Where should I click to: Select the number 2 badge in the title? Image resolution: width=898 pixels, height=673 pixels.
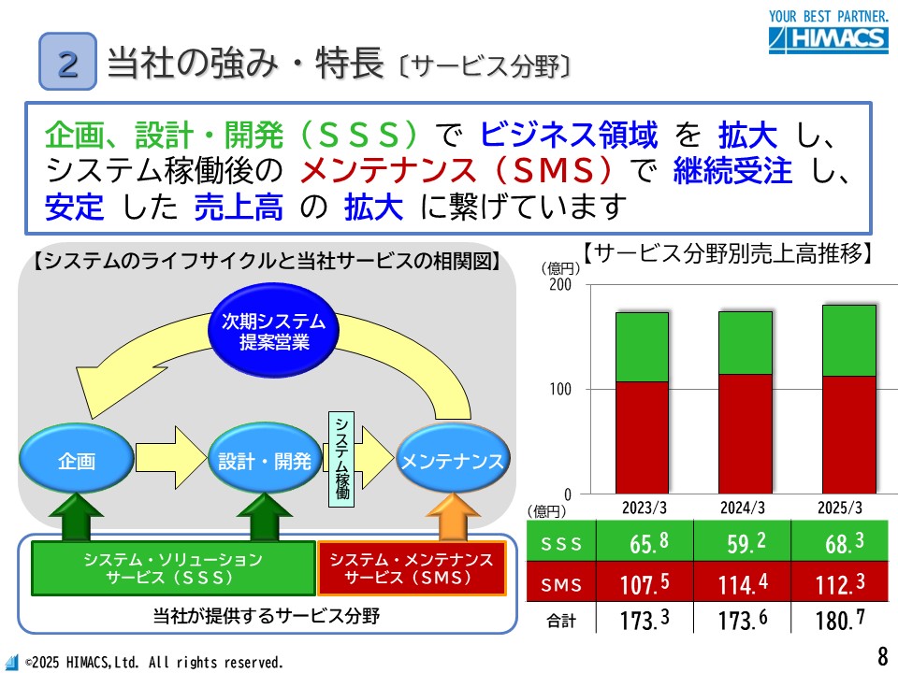coord(67,62)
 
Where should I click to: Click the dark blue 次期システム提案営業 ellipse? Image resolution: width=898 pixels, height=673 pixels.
coord(273,331)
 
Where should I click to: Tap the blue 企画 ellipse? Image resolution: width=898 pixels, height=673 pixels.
coord(77,458)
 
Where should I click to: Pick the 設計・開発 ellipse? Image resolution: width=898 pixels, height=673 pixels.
coord(265,458)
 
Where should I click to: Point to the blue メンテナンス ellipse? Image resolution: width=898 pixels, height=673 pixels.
coord(453,458)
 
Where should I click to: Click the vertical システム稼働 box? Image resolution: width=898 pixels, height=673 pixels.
coord(341,459)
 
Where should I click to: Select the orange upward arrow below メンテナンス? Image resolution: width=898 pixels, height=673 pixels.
coord(453,517)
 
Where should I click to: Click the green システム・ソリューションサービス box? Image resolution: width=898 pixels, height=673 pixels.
coord(174,568)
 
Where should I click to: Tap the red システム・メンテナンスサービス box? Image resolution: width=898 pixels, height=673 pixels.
coord(412,568)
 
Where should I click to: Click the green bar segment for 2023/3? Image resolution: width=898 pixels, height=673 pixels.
coord(642,347)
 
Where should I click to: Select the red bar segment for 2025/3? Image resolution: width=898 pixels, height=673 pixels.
coord(849,435)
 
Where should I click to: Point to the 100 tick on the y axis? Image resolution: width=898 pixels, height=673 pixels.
coord(560,389)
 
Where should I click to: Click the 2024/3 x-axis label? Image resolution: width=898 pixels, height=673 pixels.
coord(742,508)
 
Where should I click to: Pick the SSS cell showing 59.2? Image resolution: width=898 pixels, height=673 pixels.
coord(742,541)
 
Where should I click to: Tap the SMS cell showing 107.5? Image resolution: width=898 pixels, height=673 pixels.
coord(645,582)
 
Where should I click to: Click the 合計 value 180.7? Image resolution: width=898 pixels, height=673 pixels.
coord(840,619)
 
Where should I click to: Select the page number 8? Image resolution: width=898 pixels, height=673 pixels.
coord(882,654)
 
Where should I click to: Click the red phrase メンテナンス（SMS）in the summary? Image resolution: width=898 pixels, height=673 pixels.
coord(456,170)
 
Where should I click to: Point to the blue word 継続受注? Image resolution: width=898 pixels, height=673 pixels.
coord(732,170)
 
